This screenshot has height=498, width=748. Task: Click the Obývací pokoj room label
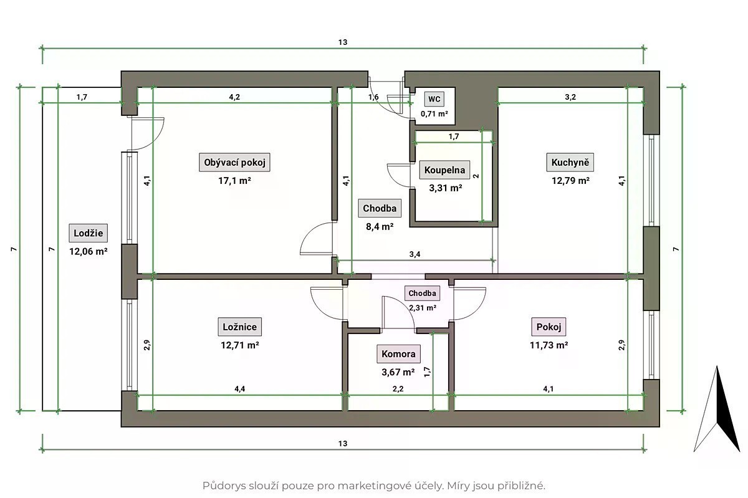point(234,162)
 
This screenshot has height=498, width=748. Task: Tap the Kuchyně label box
point(570,162)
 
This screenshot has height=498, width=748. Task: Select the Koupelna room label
point(444,170)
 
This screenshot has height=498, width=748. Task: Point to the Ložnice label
point(240,327)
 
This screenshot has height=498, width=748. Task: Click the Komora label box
point(398,354)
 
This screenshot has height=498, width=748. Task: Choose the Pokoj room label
point(549,327)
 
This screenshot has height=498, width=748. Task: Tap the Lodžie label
point(88,233)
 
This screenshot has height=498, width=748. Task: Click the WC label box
point(434,99)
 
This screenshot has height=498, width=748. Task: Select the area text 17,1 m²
point(234,181)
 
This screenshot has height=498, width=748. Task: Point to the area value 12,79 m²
point(570,181)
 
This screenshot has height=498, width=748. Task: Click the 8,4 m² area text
point(380,227)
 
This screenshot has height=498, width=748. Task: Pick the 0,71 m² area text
point(434,114)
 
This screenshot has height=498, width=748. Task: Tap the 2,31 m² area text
point(423,308)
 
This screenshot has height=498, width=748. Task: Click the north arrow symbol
point(717,409)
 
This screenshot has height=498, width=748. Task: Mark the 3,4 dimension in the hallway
point(415,254)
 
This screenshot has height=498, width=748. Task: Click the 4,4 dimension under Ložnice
point(240,389)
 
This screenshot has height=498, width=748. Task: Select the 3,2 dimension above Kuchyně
point(570,97)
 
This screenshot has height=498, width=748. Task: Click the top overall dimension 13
point(343,42)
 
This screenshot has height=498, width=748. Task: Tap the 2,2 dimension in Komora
point(398,389)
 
